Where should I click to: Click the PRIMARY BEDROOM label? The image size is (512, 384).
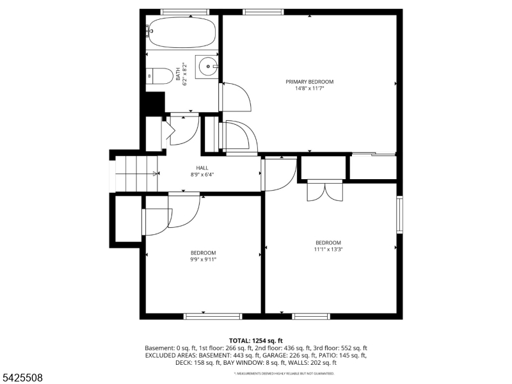310,82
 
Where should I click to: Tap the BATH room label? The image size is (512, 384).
179,74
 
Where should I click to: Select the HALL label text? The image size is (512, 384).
202,168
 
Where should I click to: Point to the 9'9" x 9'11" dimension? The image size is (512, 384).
203,259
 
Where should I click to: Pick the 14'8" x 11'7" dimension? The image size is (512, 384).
310,88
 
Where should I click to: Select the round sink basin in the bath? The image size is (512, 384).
207,66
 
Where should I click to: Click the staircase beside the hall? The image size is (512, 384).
136,173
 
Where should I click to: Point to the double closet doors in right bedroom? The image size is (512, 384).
325,191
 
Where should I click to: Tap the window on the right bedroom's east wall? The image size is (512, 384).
399,214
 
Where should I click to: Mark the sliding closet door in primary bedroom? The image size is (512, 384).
374,154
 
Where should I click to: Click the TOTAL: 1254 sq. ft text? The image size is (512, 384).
255,340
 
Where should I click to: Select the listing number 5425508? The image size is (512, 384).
22,378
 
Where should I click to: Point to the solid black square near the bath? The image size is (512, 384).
155,103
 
